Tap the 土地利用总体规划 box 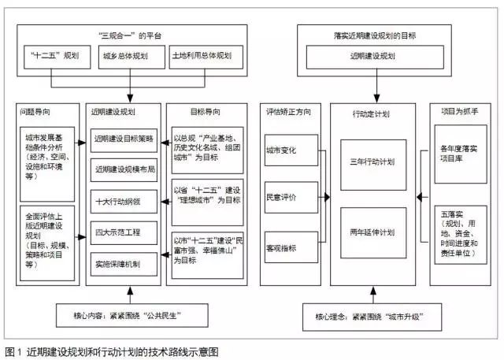202,58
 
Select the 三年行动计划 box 371,163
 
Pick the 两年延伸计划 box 371,232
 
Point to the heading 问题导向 39,113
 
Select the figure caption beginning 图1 110,351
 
